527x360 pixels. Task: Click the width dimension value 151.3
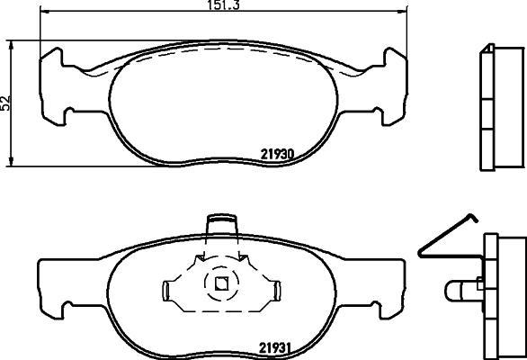pyautogui.click(x=223, y=4)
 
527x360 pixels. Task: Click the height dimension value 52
pyautogui.click(x=6, y=103)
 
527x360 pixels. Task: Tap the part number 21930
pyautogui.click(x=278, y=155)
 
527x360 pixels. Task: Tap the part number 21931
pyautogui.click(x=274, y=348)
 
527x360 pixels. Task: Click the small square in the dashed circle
pyautogui.click(x=221, y=283)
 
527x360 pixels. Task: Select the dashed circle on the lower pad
pyautogui.click(x=221, y=283)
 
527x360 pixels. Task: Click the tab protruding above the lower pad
pyautogui.click(x=222, y=224)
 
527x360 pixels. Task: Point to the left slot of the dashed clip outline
pyautogui.click(x=165, y=292)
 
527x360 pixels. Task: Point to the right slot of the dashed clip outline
pyautogui.click(x=277, y=292)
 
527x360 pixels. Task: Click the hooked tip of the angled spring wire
pyautogui.click(x=474, y=218)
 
